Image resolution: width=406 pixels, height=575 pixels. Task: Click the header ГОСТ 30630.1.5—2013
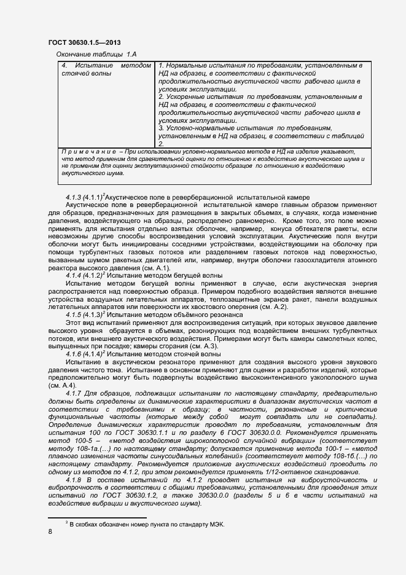[84, 42]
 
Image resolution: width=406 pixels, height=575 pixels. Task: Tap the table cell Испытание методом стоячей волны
[106, 69]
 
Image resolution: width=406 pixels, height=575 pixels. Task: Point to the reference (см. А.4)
[63, 385]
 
